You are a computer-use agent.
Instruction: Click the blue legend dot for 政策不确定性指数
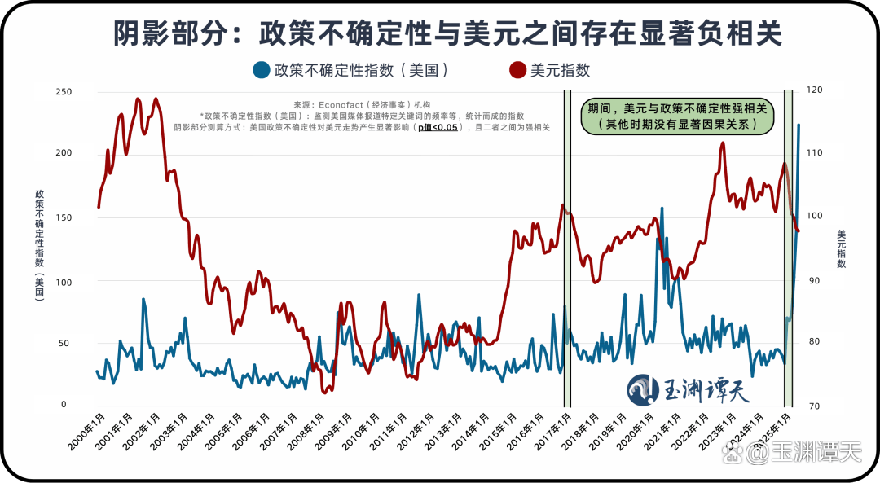(x=262, y=70)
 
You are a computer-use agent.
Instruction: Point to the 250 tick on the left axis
(x=64, y=92)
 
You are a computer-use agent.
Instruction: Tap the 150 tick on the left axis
(x=64, y=217)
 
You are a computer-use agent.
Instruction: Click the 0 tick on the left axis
(x=64, y=404)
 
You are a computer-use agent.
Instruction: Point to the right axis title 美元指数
(x=841, y=249)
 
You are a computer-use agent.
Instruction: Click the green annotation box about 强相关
(x=677, y=116)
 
